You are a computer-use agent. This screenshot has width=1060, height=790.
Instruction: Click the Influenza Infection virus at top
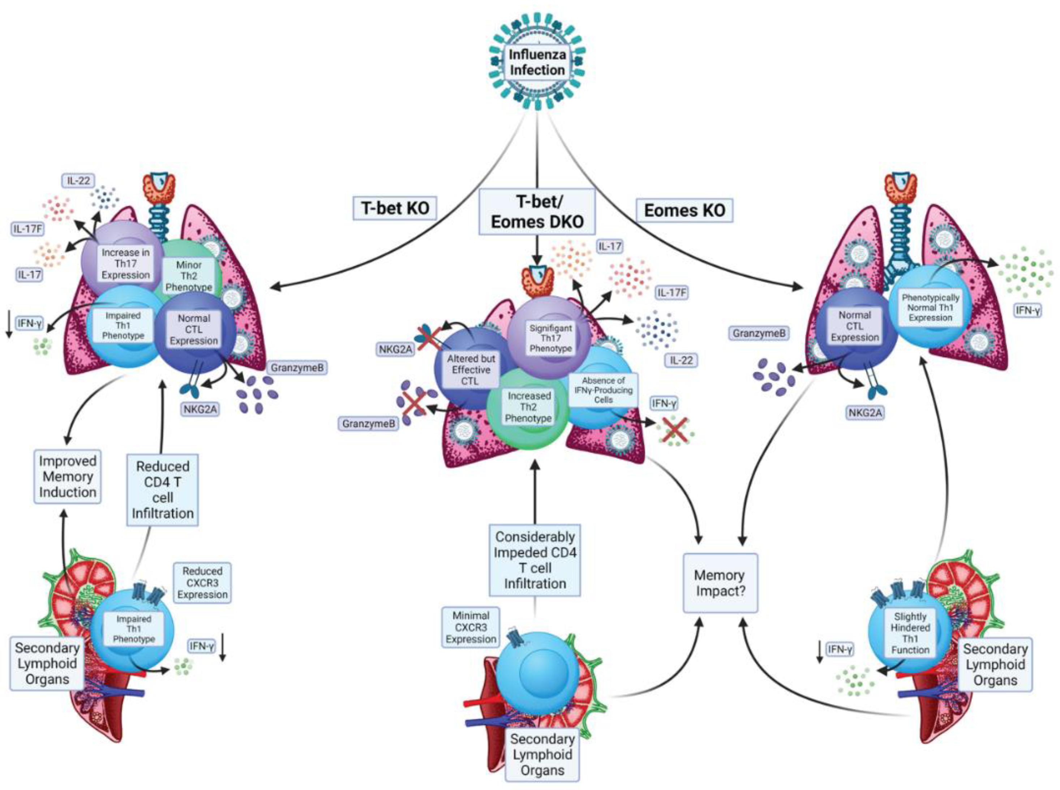point(536,62)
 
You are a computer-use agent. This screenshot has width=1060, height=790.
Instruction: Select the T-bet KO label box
point(395,208)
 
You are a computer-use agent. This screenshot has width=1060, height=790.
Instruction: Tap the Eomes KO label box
point(684,210)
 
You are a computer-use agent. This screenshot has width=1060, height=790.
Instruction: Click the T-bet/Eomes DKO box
point(537,211)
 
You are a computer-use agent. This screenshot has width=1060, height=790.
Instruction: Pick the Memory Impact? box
point(720,583)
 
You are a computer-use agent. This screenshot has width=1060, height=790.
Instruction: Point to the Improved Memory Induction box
point(68,476)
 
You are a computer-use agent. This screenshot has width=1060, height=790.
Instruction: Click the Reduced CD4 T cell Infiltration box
point(163,490)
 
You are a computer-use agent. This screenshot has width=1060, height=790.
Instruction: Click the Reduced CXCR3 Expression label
point(202,583)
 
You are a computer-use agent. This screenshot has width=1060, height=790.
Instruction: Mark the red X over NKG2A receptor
point(429,337)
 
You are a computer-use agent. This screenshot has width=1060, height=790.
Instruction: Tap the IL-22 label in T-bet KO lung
point(78,181)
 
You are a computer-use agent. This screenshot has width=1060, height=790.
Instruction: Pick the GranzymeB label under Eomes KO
point(759,333)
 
